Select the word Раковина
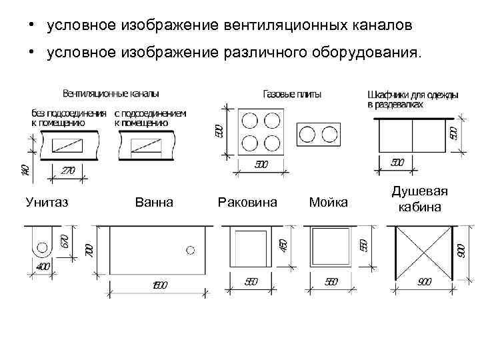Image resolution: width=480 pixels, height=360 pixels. (247, 201)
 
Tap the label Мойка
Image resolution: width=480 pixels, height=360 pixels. (328, 201)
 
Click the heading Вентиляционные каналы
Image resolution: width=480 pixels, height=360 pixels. (111, 93)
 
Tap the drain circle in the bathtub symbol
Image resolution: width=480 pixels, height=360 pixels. (191, 250)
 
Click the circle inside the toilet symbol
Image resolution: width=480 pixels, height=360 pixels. (42, 248)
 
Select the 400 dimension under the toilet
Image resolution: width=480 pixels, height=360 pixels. (42, 267)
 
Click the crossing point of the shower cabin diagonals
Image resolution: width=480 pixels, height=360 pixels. (423, 252)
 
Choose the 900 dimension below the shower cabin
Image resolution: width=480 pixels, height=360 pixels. (424, 282)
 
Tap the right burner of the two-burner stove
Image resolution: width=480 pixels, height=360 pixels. (329, 135)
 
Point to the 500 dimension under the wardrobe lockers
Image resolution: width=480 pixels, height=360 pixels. (397, 162)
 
